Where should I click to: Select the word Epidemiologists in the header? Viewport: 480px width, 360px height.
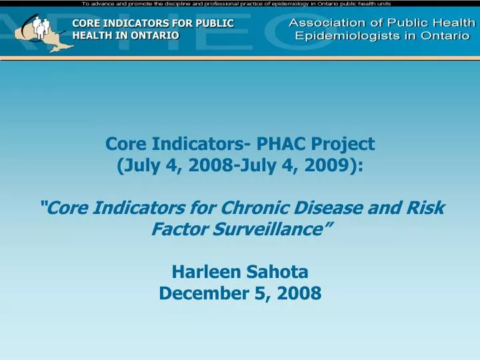[x=351, y=36]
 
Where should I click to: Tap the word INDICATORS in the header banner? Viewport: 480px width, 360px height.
[x=134, y=23]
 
